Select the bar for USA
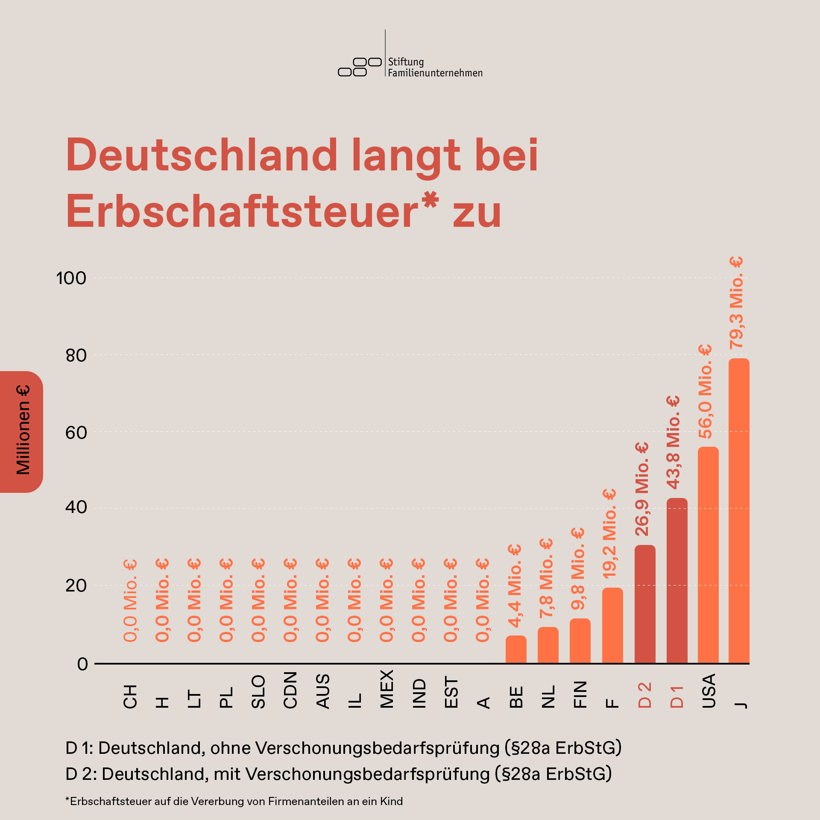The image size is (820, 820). [708, 555]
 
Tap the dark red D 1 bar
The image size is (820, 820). [677, 581]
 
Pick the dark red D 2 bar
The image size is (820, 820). [645, 604]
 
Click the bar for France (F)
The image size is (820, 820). [612, 626]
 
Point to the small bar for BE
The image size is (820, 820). [516, 650]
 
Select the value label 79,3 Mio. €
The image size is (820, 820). [737, 302]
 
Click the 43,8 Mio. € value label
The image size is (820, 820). [674, 442]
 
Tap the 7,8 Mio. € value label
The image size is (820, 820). [546, 578]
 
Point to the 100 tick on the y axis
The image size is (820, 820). [71, 278]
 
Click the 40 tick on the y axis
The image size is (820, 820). [76, 507]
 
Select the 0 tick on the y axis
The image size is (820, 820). [82, 664]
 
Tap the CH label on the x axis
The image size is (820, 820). [130, 696]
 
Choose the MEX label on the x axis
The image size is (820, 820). [387, 689]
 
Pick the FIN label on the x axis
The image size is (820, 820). [580, 694]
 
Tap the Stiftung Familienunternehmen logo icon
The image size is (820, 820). [360, 67]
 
